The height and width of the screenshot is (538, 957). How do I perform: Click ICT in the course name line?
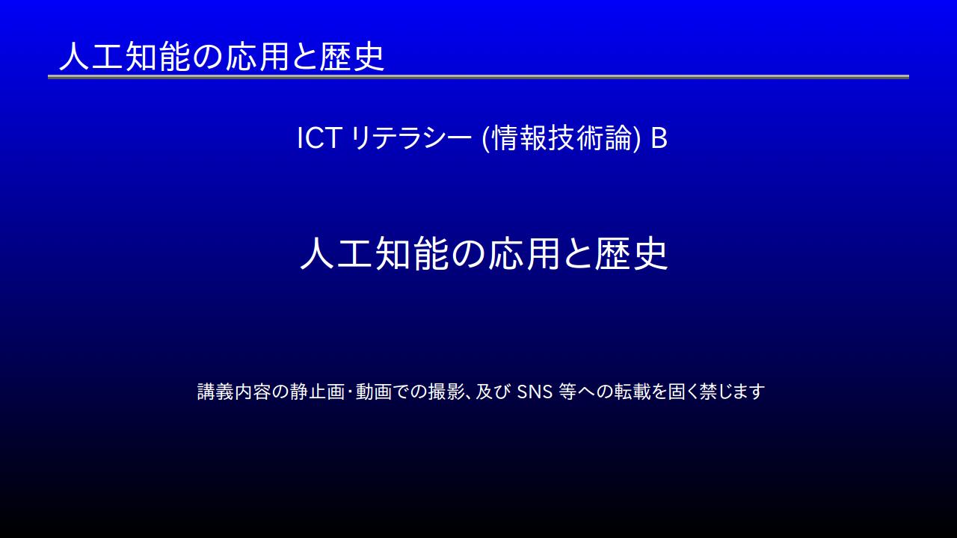pyautogui.click(x=319, y=138)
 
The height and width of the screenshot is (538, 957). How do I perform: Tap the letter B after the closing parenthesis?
pyautogui.click(x=659, y=138)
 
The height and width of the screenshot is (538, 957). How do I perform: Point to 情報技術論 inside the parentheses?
pyautogui.click(x=561, y=138)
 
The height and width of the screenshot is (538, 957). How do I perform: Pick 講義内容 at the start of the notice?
pyautogui.click(x=234, y=392)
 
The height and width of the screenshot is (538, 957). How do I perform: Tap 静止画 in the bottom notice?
pyautogui.click(x=317, y=392)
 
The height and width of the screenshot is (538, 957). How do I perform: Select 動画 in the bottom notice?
pyautogui.click(x=373, y=392)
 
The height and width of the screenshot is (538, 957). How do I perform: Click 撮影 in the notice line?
pyautogui.click(x=446, y=392)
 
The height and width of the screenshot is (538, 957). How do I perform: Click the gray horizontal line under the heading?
pyautogui.click(x=478, y=77)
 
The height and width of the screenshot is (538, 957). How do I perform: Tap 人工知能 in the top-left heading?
pyautogui.click(x=124, y=56)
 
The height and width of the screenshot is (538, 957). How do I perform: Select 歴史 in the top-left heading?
pyautogui.click(x=351, y=56)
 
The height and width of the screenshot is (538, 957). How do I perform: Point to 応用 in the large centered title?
pyautogui.click(x=524, y=253)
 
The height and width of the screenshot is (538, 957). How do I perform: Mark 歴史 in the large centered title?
pyautogui.click(x=631, y=253)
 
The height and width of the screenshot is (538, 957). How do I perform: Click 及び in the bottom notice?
pyautogui.click(x=493, y=392)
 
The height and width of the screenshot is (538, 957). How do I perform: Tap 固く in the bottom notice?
pyautogui.click(x=683, y=392)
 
